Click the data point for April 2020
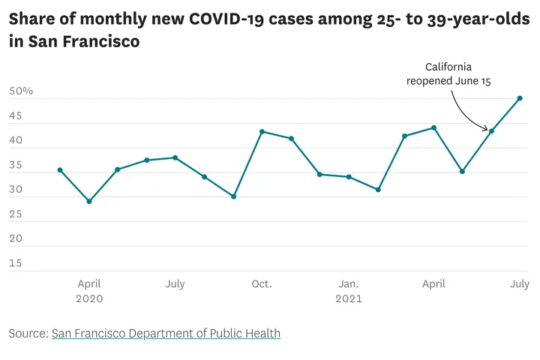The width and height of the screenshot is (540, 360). (x=89, y=201)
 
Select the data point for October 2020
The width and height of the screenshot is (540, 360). (x=262, y=131)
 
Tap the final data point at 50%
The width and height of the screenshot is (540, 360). (x=520, y=98)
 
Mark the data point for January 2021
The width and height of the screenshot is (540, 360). (x=349, y=177)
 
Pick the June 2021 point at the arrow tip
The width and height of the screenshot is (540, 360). (x=491, y=131)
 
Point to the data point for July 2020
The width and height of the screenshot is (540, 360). (x=175, y=157)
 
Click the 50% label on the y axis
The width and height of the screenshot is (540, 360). (x=21, y=91)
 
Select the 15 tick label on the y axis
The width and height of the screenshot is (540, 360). (x=15, y=263)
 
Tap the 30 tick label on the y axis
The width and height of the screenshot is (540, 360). (x=16, y=190)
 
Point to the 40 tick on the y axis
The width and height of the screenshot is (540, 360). (x=16, y=141)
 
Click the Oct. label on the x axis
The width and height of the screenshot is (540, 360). (x=262, y=284)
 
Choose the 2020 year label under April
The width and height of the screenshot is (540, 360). (x=89, y=298)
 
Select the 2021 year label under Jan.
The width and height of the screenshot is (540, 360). (x=349, y=298)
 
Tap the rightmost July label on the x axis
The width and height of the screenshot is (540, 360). (x=520, y=284)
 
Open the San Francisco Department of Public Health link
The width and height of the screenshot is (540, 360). (x=166, y=333)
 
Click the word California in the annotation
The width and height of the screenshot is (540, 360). (x=448, y=67)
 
